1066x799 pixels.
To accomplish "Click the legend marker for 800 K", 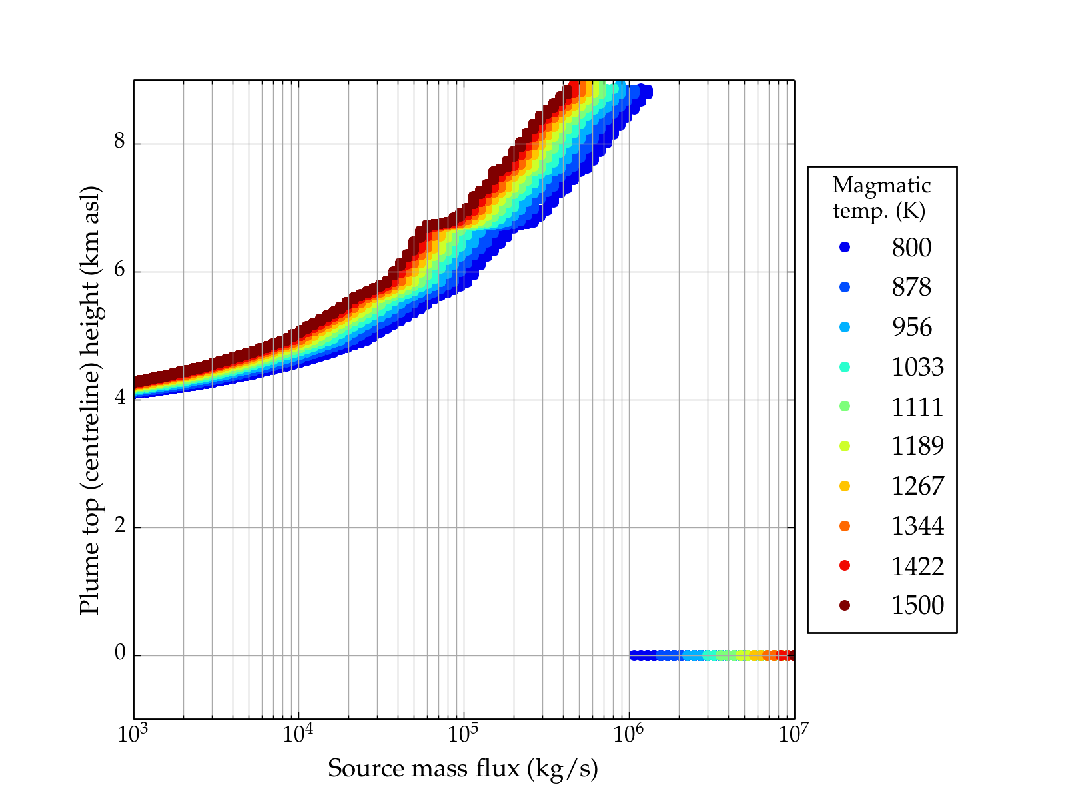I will pos(845,247).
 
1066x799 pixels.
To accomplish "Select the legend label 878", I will pos(911,287).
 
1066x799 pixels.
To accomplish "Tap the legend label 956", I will pos(911,327).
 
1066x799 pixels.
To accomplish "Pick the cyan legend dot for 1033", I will pos(845,367).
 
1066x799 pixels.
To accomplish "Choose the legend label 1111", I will pos(917,407).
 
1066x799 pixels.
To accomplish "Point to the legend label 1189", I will pos(917,446).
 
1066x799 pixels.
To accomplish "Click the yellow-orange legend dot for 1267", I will pos(845,486).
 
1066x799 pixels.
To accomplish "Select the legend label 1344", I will pos(917,526).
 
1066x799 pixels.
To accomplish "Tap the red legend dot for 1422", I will pos(845,565).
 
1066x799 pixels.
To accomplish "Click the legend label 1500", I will pos(917,605).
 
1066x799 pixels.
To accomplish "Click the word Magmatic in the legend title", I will pos(881,186).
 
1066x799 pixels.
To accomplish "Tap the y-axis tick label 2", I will pos(120,526).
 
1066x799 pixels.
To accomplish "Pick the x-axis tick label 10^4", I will pos(298,734).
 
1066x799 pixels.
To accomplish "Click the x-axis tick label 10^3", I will pos(133,734).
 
